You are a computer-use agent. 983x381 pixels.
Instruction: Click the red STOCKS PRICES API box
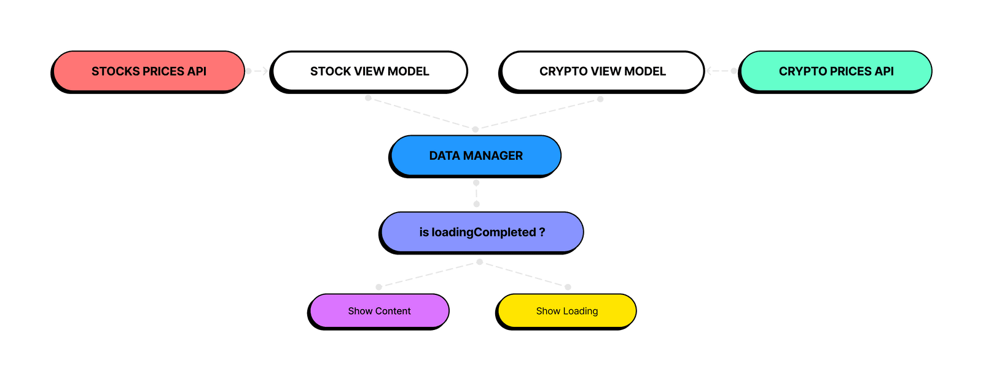[x=149, y=71]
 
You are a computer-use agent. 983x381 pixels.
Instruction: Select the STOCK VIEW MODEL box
[x=369, y=71]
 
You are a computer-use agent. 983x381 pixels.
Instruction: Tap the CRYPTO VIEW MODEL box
[x=602, y=71]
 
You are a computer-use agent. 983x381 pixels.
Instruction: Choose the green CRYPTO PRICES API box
[x=836, y=71]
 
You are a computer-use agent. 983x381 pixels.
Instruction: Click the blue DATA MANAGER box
[x=476, y=156]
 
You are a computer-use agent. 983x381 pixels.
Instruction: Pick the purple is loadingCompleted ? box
[x=482, y=232]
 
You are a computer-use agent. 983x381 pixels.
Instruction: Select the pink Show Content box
[x=379, y=311]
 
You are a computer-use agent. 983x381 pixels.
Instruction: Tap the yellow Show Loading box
[x=566, y=311]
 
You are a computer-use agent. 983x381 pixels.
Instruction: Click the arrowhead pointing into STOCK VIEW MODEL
[x=265, y=71]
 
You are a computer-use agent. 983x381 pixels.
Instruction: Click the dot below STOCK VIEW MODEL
[x=368, y=98]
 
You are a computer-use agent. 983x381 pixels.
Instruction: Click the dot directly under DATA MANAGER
[x=476, y=183]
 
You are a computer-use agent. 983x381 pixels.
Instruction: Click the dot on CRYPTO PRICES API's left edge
[x=734, y=71]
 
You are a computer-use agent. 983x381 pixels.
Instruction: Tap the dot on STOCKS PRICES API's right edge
[x=248, y=71]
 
